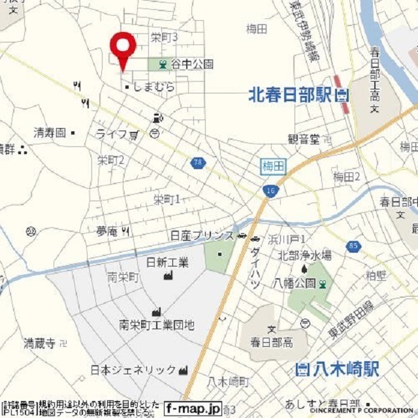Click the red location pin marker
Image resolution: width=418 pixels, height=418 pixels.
click(x=122, y=46)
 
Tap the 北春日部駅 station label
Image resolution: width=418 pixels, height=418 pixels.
click(x=291, y=95)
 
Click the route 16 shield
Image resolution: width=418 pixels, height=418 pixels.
click(x=269, y=190)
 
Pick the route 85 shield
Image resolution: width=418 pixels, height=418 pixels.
click(x=353, y=246)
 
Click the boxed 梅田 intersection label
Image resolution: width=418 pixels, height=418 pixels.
click(x=272, y=167)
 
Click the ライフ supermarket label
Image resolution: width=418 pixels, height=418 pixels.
click(x=110, y=135)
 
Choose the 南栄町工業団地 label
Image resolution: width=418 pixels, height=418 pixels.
click(x=157, y=324)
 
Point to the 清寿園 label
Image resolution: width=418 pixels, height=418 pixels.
click(x=50, y=133)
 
